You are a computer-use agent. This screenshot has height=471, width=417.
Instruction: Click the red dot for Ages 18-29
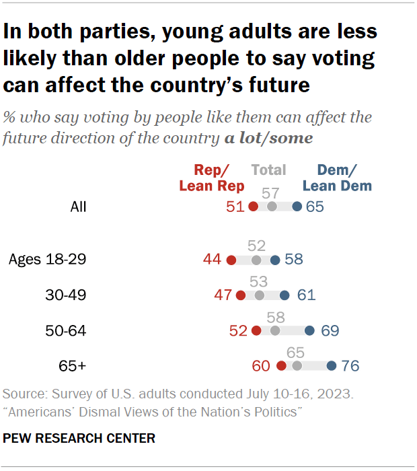click(231, 260)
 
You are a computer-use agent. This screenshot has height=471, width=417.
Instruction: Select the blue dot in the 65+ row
click(332, 366)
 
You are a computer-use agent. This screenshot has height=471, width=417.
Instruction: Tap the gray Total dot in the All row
click(272, 207)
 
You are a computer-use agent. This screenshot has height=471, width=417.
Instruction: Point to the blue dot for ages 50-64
click(309, 330)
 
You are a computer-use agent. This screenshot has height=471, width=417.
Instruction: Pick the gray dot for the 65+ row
click(297, 366)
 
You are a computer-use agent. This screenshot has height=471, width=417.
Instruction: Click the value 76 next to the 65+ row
click(350, 366)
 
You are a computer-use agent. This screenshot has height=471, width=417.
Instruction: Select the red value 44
click(213, 260)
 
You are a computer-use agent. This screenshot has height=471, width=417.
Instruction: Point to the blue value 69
click(328, 330)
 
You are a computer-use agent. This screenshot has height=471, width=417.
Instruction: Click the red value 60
click(261, 366)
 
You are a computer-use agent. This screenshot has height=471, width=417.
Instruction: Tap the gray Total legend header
click(269, 170)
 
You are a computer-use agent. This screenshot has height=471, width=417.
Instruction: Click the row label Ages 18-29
click(48, 260)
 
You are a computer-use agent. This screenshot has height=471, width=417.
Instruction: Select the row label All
click(78, 207)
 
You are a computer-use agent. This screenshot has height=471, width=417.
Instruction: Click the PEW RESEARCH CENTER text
click(79, 438)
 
